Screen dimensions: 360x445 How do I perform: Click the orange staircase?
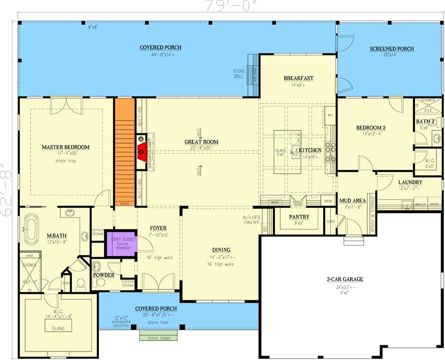(125, 151)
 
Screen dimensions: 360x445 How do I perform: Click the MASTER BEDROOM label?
(65, 147)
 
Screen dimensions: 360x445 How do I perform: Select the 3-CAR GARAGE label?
(345, 279)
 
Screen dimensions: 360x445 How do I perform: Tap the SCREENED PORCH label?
(391, 49)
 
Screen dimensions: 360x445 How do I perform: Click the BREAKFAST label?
(298, 78)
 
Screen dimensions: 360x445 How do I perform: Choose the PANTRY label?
(298, 217)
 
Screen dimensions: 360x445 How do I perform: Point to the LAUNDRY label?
(410, 182)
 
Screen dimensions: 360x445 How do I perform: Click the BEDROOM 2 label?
(371, 128)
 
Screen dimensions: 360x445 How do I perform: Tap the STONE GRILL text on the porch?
(238, 73)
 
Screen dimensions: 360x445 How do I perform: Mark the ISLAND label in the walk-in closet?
(58, 328)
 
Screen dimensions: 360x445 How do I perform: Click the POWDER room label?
(103, 275)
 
